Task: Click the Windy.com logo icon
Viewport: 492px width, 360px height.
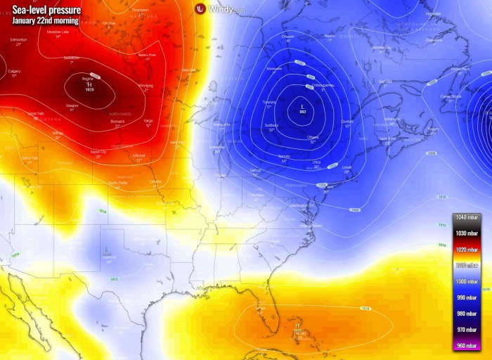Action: (x=200, y=8)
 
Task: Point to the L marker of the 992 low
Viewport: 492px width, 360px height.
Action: (x=303, y=106)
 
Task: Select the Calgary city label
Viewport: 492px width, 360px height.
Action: (x=14, y=71)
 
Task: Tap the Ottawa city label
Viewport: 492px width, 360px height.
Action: (x=313, y=136)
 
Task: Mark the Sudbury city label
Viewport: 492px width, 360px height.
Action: (x=272, y=125)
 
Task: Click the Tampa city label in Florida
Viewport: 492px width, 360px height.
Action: (x=260, y=308)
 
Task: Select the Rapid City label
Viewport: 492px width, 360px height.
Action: (x=98, y=151)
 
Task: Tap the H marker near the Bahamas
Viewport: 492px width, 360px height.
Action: (x=298, y=326)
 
